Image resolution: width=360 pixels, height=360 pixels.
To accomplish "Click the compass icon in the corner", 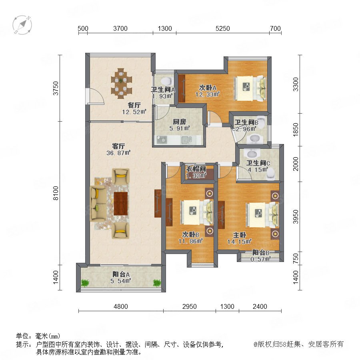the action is coord(22,25).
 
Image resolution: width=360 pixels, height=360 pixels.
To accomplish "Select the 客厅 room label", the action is coord(118,146).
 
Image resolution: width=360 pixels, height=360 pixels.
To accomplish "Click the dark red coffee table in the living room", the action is coord(121,204).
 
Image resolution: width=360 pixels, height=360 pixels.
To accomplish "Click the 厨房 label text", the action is coord(180,122).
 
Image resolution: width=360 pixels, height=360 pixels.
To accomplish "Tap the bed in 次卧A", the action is coord(250,88).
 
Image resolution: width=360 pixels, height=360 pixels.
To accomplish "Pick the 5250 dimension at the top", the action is coord(223,28).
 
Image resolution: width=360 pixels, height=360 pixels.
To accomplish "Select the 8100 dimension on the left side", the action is coord(56,193).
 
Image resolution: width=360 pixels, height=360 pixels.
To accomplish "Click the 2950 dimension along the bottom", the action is coord(190,306).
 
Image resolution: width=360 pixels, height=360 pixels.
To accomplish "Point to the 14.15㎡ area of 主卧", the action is coord(240,242).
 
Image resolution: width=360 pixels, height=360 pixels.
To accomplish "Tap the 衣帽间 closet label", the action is coord(196,169).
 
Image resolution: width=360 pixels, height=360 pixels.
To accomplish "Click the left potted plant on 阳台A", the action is coord(85,283).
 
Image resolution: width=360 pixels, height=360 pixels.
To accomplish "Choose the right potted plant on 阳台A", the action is coord(157,283).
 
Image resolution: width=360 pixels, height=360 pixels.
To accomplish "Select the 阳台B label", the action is coord(261,253).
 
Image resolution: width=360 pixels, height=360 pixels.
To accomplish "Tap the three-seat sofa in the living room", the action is coord(98,204).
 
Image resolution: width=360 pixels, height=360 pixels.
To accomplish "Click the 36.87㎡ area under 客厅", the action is coord(118,153).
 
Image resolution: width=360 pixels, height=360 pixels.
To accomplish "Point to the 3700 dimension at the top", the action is coord(120,28).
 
